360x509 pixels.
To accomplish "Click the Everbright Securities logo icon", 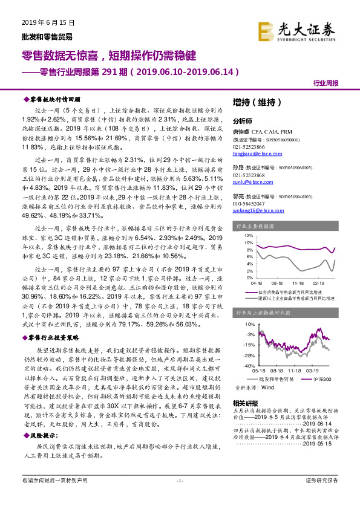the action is [265, 31].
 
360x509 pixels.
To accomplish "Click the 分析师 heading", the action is [241, 121].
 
